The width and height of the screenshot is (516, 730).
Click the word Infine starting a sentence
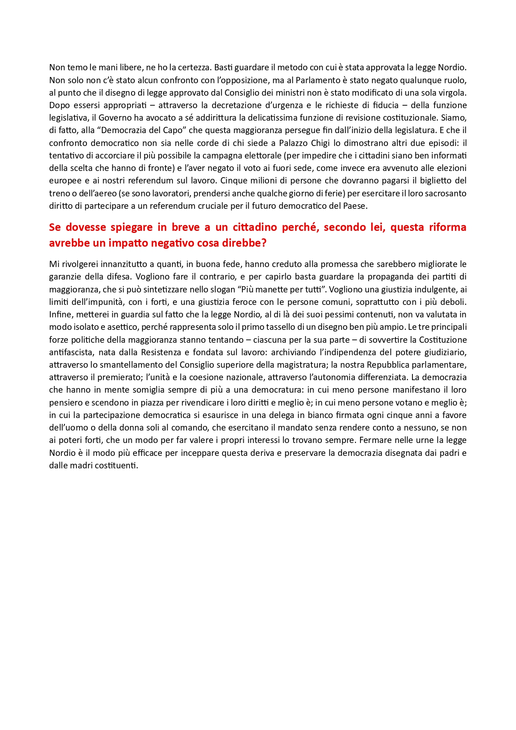click(x=61, y=314)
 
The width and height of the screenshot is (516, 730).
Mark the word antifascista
click(x=70, y=352)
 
